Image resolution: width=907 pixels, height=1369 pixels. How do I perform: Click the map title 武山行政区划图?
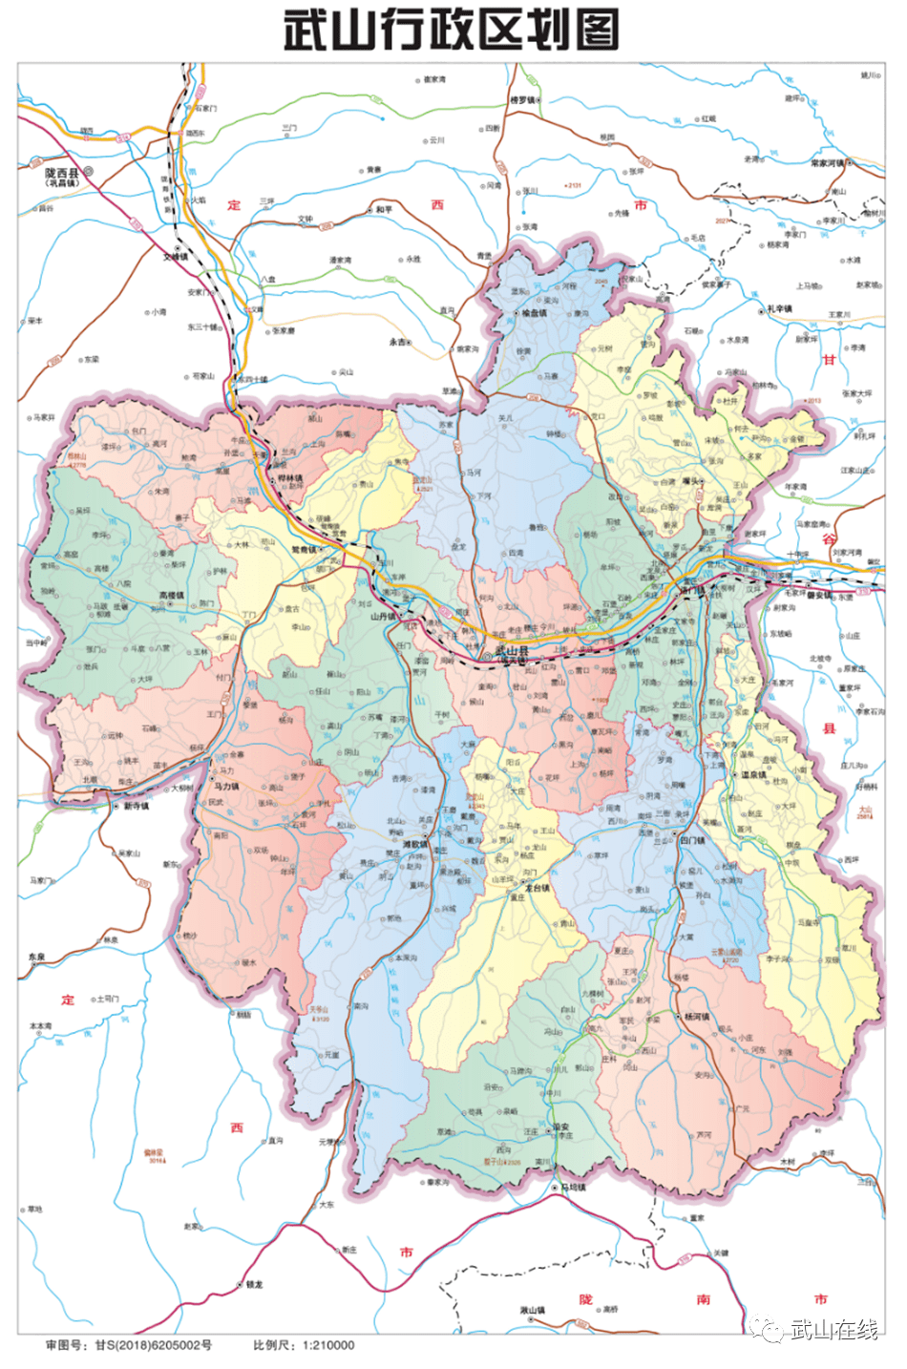451,30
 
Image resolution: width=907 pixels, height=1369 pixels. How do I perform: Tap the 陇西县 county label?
62,173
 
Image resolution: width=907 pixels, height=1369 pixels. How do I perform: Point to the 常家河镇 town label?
827,163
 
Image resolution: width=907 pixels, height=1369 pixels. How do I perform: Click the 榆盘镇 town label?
532,313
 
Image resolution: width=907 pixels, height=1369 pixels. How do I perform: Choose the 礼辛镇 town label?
779,309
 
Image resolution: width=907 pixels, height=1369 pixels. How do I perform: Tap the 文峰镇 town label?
176,256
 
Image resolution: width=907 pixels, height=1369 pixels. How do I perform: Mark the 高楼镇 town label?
172,596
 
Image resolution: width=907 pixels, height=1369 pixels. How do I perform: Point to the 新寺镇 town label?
136,807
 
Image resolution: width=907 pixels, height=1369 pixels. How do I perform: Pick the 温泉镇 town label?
754,774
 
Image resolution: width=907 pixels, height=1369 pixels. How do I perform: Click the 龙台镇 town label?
538,888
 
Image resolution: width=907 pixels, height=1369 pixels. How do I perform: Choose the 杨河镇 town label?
696,1017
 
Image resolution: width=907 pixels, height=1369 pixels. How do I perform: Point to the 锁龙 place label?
253,1284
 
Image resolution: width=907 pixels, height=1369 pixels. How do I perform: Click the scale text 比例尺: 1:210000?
304,1345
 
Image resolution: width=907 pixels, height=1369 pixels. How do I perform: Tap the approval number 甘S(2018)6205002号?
129,1345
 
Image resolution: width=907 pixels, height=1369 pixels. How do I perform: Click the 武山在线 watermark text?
833,1330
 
